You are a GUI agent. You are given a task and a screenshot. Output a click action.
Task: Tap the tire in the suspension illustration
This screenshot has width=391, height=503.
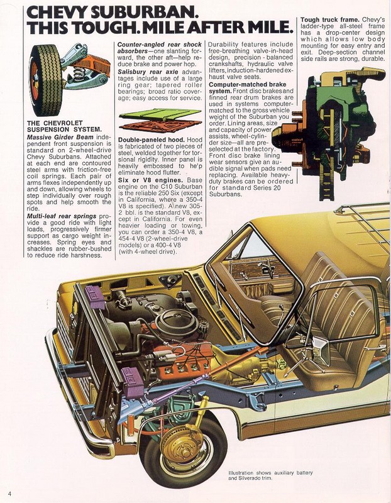click(45, 79)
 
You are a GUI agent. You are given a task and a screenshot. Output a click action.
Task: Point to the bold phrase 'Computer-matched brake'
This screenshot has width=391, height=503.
click(243, 84)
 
